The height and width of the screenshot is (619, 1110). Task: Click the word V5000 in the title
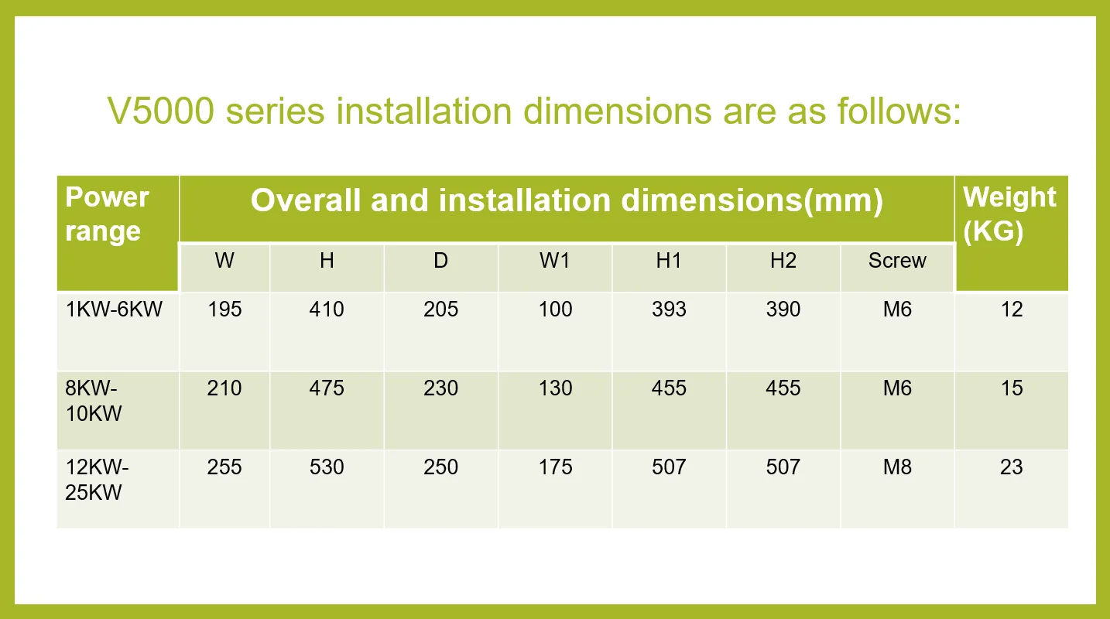pos(160,111)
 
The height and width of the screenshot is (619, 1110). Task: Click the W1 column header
pos(555,261)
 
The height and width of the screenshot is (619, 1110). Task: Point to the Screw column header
pos(897,261)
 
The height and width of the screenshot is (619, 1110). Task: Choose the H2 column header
pos(783,261)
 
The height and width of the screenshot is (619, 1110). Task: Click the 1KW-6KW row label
pos(114,309)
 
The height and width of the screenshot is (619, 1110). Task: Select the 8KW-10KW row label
pos(94,401)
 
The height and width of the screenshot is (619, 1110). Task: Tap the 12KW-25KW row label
pos(97,480)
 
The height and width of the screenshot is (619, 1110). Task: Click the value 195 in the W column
pos(224,309)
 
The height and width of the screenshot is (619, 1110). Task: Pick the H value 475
pos(327,388)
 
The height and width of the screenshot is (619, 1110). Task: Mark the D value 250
pos(440,467)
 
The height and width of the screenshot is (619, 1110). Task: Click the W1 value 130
pos(555,388)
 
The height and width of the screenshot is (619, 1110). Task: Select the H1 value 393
pos(669,309)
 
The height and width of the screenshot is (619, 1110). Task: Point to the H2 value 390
pos(783,309)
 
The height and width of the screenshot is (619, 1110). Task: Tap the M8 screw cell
pos(897,467)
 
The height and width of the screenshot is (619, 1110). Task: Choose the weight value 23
pos(1012,467)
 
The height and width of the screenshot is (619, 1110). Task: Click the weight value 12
pos(1012,309)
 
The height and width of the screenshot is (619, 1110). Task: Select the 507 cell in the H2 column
pos(783,467)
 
